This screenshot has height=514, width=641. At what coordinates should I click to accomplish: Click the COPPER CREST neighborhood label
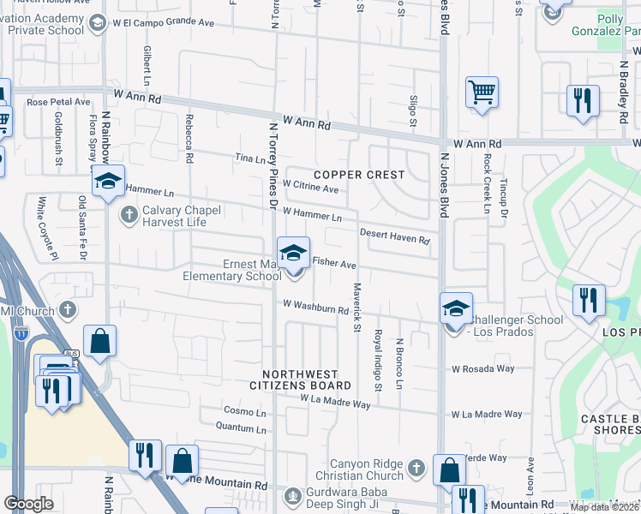(x=358, y=175)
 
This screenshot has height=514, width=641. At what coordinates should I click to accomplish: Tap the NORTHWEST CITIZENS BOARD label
(x=307, y=380)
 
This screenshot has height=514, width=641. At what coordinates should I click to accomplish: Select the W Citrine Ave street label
(x=310, y=186)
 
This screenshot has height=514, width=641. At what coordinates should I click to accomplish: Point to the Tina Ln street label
(x=250, y=159)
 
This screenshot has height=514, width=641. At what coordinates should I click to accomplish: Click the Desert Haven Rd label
(x=394, y=236)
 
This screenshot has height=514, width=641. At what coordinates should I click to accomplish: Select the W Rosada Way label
(x=483, y=369)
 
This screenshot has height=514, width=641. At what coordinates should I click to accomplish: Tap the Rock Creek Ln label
(x=487, y=184)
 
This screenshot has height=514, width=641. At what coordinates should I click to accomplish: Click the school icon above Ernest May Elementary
(x=293, y=253)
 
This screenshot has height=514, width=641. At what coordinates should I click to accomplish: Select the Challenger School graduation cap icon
(x=456, y=308)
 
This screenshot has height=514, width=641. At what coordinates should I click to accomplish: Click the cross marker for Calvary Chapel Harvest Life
(x=129, y=214)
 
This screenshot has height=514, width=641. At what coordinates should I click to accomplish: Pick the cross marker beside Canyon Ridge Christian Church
(x=416, y=468)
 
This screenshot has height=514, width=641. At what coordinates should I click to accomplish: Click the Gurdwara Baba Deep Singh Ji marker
(x=294, y=494)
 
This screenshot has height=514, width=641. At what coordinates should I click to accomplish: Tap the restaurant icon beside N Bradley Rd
(x=583, y=99)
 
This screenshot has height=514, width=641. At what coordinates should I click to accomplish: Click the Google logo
(x=28, y=504)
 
